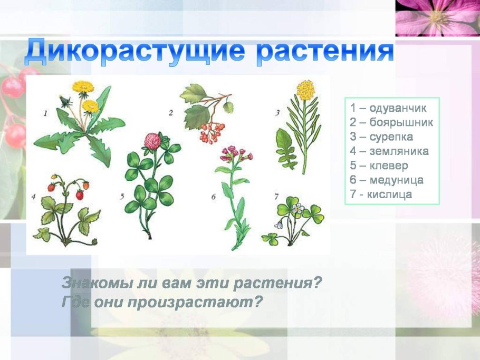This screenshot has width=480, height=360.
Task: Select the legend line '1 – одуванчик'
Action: pos(388,109)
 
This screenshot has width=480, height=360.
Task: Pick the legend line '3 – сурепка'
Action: pos(381,137)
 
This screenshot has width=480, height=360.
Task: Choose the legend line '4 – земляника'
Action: pos(389,151)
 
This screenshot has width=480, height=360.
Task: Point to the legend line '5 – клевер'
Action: pos(379,166)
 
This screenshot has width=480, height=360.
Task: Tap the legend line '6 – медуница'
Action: pos(387,180)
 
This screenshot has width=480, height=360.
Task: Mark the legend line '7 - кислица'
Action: pos(381,194)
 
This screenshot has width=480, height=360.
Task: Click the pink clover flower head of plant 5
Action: pos(152,141)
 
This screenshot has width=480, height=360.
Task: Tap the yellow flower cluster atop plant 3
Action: pos(305,90)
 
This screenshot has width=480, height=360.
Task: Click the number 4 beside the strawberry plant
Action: pos(33,197)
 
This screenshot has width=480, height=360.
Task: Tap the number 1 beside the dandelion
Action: pos(45,112)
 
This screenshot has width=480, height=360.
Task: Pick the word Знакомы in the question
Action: pos(93,283)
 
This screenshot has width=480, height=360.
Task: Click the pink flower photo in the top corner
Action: pos(437,18)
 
